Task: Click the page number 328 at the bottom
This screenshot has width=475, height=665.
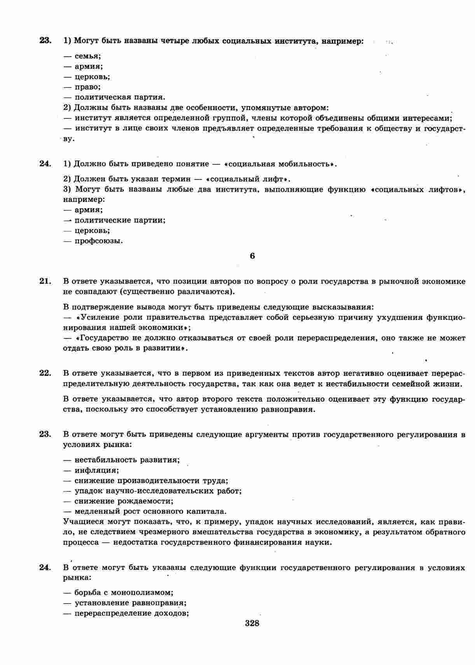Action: pos(252,624)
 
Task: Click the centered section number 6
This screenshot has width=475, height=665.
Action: pos(252,256)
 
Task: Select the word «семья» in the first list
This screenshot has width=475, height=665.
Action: pos(87,56)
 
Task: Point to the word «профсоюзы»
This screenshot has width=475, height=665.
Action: pos(98,241)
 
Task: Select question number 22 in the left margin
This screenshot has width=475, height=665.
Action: pos(45,373)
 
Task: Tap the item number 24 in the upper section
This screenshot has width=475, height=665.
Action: pos(45,164)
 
